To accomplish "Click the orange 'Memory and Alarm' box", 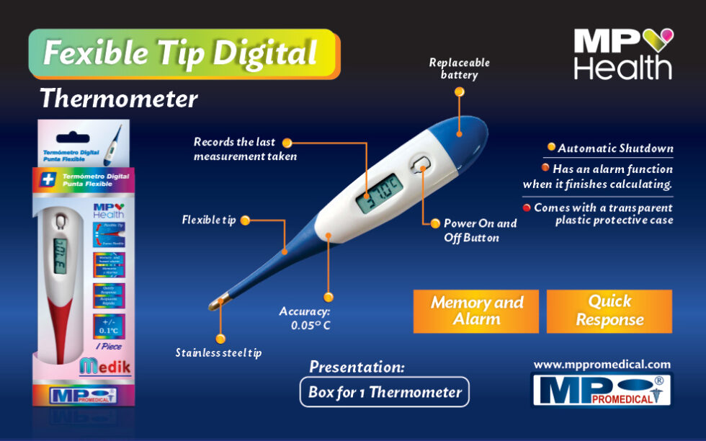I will (x=476, y=311).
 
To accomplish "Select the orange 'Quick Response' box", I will (x=609, y=311).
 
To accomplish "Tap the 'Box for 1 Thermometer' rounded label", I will (x=385, y=393).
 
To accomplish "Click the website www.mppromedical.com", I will (x=602, y=365).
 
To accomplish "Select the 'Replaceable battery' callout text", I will (x=459, y=68).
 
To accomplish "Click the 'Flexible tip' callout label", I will (x=208, y=220).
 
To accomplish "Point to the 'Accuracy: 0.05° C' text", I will (x=305, y=318).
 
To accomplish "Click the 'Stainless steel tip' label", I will (x=218, y=352).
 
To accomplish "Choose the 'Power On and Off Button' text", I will (x=480, y=231).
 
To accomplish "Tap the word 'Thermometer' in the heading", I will (x=118, y=98).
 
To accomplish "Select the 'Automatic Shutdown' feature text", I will (x=615, y=148).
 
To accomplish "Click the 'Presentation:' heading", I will (x=357, y=367).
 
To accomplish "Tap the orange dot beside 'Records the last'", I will (x=287, y=143).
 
